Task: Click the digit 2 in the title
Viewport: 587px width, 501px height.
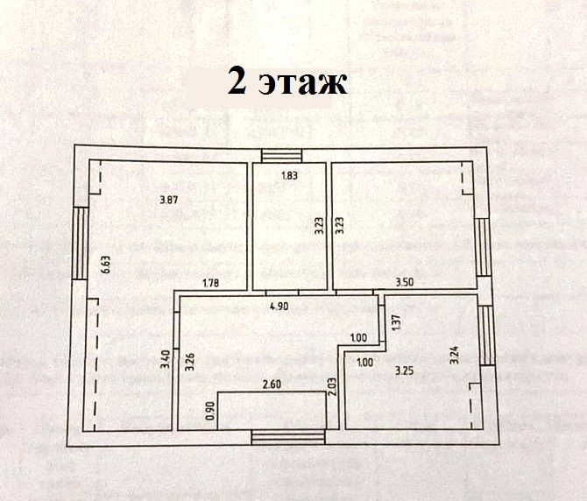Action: [236, 81]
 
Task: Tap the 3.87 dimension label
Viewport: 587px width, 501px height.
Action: [169, 200]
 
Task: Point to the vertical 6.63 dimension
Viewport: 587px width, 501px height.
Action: [105, 265]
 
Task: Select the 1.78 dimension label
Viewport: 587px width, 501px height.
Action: [209, 282]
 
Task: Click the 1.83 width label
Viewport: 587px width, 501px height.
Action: [289, 176]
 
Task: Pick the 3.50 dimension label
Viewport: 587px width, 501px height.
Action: [404, 282]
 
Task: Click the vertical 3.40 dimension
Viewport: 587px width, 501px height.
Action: [165, 360]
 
